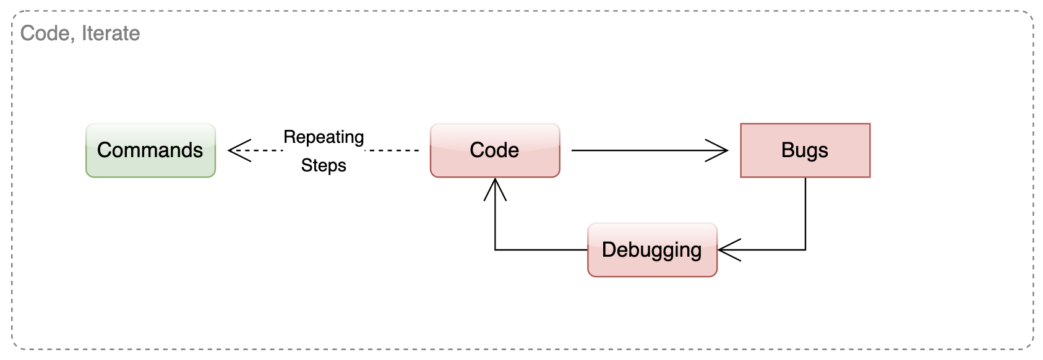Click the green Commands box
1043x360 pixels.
pos(150,150)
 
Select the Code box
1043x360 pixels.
pos(495,150)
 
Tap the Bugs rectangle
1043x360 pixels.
pos(805,150)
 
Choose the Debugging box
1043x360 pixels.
pos(652,250)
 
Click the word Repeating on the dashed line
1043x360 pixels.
pos(324,137)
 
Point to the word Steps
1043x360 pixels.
pos(324,166)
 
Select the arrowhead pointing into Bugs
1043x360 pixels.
pos(719,150)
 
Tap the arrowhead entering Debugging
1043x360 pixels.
pos(728,250)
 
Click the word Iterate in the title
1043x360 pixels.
pos(111,33)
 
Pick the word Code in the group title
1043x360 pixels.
pos(43,33)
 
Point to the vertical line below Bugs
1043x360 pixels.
pos(805,210)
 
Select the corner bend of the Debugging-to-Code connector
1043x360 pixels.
pos(495,250)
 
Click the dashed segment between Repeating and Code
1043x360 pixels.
pos(393,150)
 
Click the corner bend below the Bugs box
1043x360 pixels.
pos(805,250)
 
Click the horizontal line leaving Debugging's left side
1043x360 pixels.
pos(544,250)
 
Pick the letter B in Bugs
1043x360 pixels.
pos(788,150)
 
